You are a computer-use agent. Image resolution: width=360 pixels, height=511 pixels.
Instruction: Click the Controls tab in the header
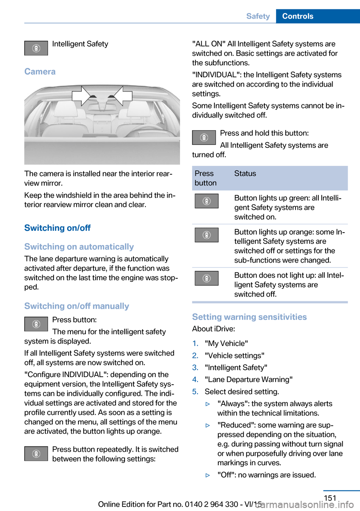coord(298,16)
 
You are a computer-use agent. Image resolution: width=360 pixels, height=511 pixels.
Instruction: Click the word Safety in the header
coord(258,16)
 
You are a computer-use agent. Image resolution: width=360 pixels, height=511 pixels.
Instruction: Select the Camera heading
coord(40,72)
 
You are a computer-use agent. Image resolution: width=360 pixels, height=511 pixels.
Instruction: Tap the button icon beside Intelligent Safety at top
coord(36,48)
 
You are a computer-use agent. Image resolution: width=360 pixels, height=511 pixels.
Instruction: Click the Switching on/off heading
coord(57,228)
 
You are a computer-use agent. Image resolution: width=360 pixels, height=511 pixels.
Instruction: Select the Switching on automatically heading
coord(79,247)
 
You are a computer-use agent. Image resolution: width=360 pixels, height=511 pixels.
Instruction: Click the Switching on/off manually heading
coord(76,306)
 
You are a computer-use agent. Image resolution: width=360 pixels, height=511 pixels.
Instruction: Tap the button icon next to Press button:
coord(36,324)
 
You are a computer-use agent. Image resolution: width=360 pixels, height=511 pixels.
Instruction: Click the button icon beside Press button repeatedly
coord(36,454)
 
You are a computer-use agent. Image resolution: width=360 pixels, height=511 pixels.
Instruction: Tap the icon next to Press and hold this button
coord(204,137)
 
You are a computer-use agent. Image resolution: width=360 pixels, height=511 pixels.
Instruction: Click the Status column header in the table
coord(245,174)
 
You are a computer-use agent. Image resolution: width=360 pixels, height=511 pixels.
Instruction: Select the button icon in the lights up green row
coord(206,201)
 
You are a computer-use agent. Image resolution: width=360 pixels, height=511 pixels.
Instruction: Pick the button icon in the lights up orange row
coord(206,235)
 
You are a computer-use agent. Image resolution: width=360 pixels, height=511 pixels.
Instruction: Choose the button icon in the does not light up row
coord(206,278)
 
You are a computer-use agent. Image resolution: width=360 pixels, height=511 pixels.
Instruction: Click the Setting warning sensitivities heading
coord(249,317)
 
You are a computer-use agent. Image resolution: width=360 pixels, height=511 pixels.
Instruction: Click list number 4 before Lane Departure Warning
coord(195,380)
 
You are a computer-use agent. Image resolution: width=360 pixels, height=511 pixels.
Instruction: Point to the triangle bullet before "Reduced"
coord(208,425)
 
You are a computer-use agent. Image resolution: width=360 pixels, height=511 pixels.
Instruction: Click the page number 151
coord(330,498)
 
